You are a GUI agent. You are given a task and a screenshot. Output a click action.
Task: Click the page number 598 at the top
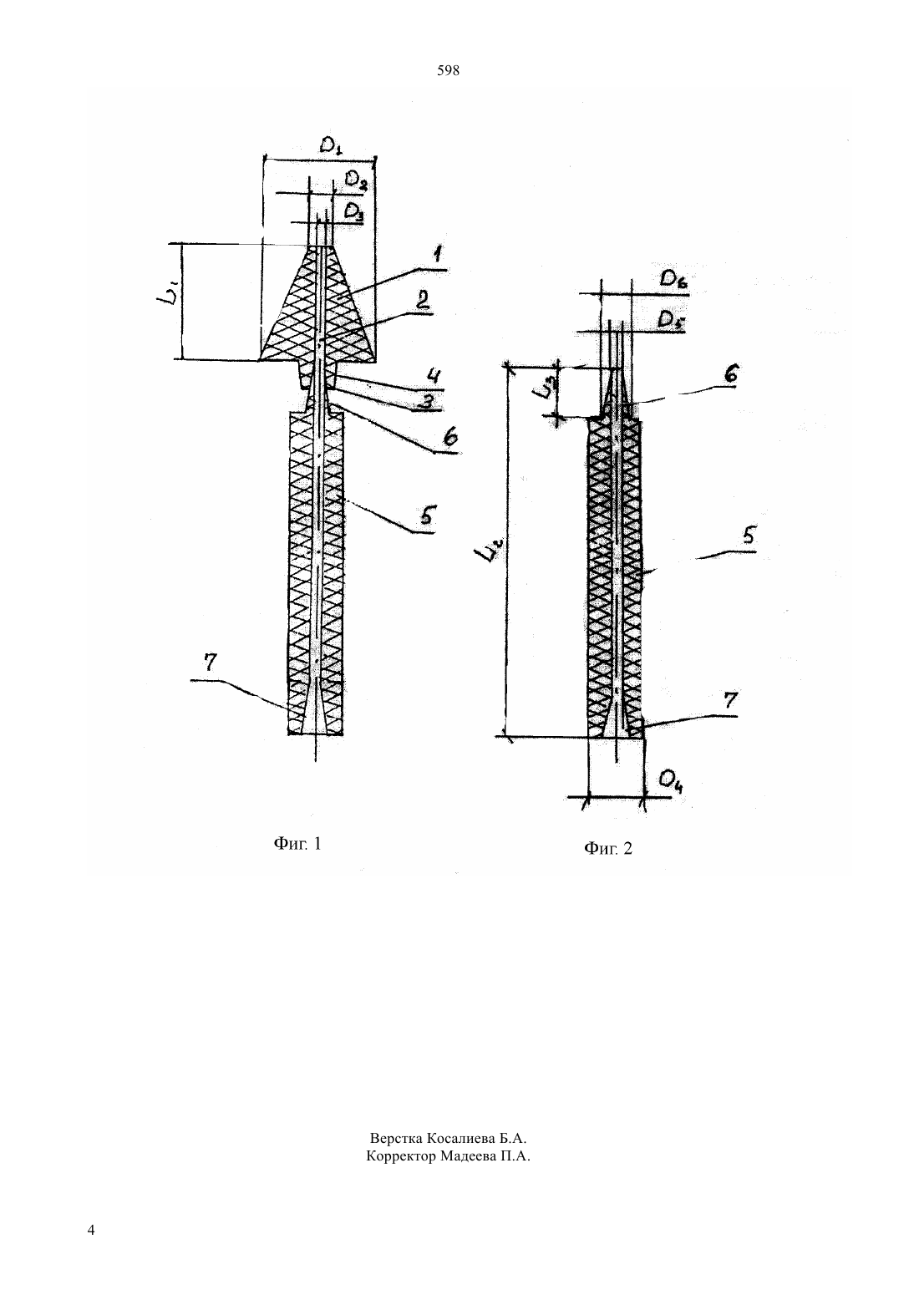448,71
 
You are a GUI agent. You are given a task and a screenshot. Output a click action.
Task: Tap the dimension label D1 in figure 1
331,145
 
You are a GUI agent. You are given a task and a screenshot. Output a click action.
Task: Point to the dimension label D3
353,212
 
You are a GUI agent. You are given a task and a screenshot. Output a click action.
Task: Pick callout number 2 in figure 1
422,301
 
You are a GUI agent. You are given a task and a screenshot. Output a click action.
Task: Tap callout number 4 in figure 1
432,378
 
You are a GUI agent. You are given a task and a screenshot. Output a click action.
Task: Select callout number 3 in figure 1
428,402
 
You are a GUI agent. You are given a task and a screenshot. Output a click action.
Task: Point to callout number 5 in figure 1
428,515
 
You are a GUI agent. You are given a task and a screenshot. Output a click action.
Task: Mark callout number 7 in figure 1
210,663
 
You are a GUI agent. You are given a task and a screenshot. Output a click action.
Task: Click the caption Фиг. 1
297,843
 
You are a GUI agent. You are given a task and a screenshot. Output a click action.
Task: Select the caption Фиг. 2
608,849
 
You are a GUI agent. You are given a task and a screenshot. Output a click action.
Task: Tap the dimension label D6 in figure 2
673,282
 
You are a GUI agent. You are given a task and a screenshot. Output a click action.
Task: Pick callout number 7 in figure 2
729,701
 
